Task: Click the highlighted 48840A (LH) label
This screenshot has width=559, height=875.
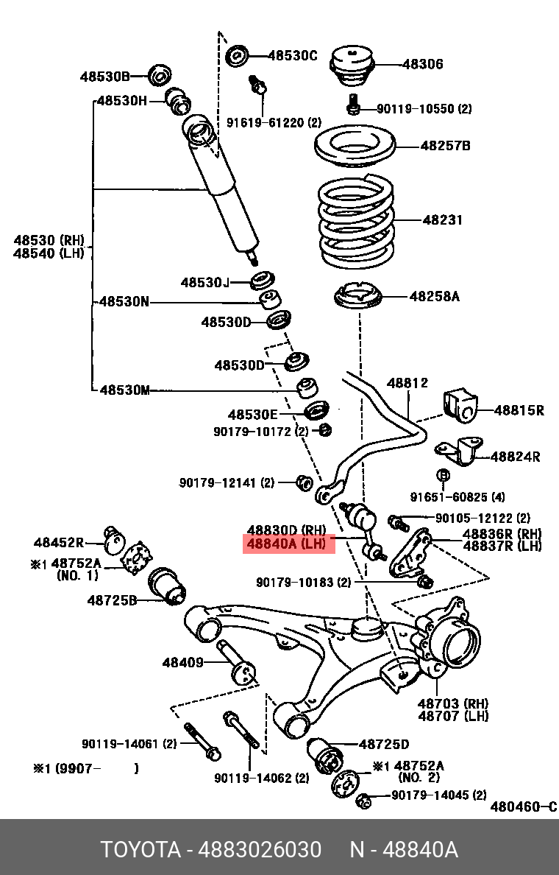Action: click(289, 544)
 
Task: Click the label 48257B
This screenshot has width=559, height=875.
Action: click(445, 146)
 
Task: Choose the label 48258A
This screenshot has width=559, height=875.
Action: click(434, 296)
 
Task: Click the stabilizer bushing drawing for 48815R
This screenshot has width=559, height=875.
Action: click(460, 407)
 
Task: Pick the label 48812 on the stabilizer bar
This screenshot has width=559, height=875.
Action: click(407, 383)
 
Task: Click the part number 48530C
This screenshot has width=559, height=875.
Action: click(292, 55)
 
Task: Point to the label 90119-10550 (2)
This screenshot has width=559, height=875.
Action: click(424, 109)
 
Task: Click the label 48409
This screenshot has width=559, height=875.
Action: click(182, 662)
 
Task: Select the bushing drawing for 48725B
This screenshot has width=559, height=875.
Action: click(168, 586)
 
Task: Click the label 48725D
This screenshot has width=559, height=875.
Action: click(383, 744)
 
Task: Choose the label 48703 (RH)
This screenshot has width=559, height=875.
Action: click(453, 703)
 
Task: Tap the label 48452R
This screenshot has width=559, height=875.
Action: click(58, 543)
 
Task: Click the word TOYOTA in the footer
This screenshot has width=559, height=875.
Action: click(140, 850)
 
